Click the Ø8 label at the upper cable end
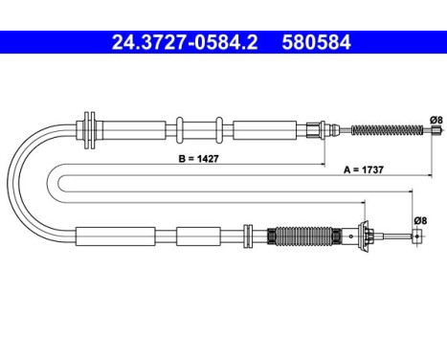coord(435,119)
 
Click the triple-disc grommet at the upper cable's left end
coord(91,127)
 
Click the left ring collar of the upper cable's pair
coord(178,127)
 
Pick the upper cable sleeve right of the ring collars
coord(263,127)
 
